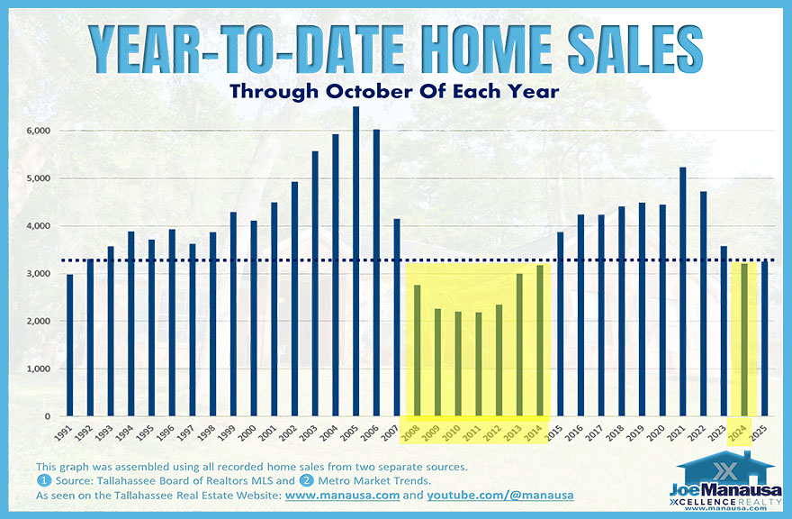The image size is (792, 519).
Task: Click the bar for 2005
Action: pos(355,261)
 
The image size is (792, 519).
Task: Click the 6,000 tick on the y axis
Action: pos(39,131)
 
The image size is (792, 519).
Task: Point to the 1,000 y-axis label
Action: pos(39,369)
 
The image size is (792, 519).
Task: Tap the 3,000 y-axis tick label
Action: pos(39,274)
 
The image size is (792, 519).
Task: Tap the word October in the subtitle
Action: pos(389,92)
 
